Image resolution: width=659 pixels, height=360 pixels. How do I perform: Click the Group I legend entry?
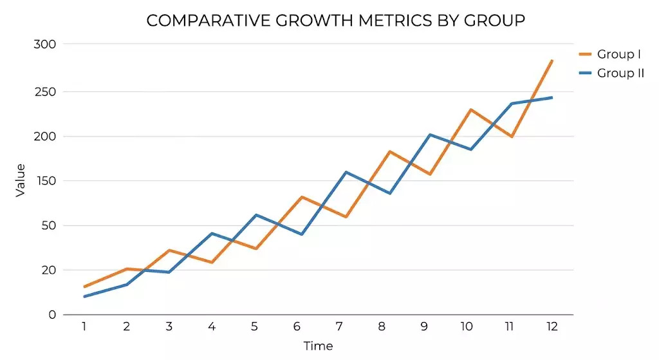click(x=610, y=54)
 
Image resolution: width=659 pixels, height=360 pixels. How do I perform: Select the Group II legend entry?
click(x=611, y=73)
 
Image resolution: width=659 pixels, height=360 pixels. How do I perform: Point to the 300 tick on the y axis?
click(x=45, y=44)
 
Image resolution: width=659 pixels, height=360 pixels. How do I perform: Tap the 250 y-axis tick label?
click(x=45, y=91)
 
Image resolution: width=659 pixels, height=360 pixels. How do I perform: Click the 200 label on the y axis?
click(x=45, y=137)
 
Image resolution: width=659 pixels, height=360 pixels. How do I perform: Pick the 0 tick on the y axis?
click(x=52, y=314)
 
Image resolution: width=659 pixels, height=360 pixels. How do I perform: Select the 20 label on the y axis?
click(x=49, y=270)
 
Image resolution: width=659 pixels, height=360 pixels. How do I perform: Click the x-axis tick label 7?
click(x=339, y=327)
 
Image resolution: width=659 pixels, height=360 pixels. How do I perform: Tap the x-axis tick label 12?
click(x=552, y=327)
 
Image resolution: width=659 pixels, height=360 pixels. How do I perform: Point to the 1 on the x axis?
click(x=84, y=327)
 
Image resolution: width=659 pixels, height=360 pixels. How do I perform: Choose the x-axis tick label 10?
click(x=467, y=327)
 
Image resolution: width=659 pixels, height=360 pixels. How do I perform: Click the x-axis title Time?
click(x=318, y=346)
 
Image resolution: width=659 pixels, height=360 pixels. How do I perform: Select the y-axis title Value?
click(x=20, y=180)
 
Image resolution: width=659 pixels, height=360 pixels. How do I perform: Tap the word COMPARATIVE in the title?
click(x=209, y=21)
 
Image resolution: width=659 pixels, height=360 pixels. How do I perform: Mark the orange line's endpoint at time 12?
click(x=552, y=61)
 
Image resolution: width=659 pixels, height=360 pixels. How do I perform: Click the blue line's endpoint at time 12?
click(x=552, y=98)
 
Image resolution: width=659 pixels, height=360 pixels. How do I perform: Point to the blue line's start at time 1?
click(x=84, y=296)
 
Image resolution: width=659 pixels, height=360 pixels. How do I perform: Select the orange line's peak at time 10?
click(x=470, y=109)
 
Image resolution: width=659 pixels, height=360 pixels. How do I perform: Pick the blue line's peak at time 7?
click(x=346, y=172)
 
